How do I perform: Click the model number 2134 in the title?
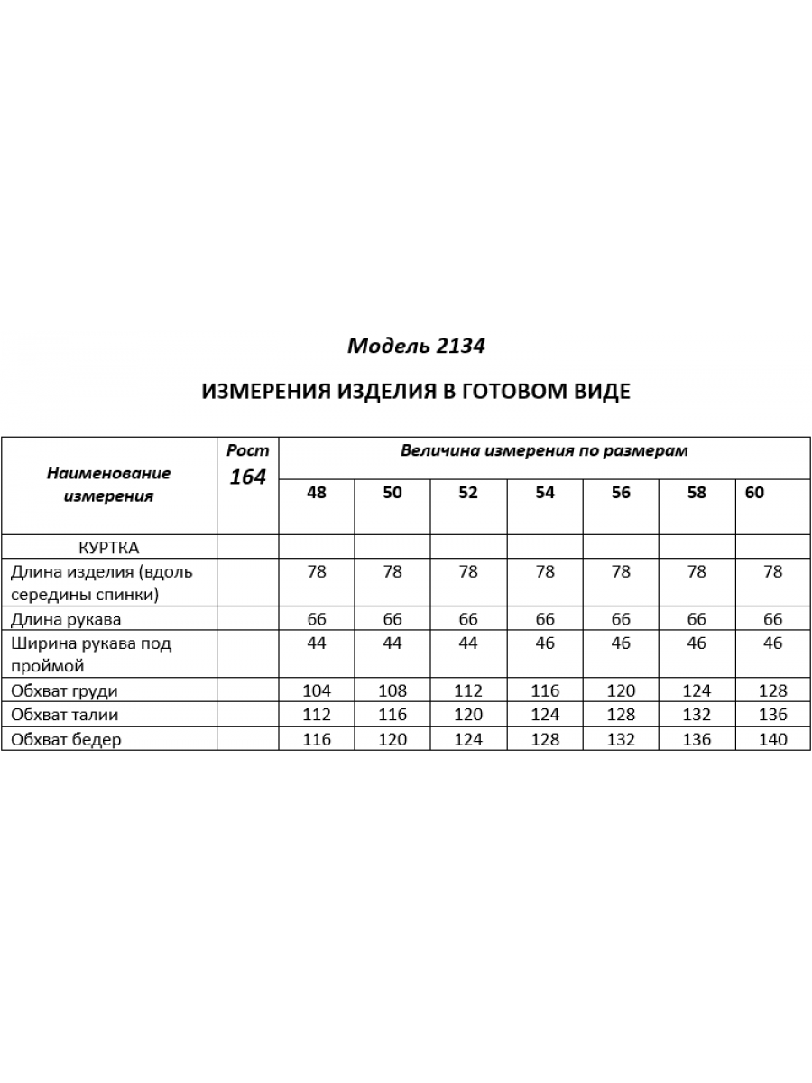(460, 346)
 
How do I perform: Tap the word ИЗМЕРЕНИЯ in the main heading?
(264, 392)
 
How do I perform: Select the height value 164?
(247, 477)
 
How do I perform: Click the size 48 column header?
(317, 493)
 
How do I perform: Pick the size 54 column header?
(545, 493)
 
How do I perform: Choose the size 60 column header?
(755, 493)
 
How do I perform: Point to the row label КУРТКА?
(109, 547)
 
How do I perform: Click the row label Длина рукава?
(65, 619)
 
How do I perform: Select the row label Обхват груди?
(64, 691)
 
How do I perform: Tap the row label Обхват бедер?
(65, 740)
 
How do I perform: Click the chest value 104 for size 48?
(317, 691)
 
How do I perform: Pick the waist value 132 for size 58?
(697, 716)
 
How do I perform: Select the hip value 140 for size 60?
(772, 740)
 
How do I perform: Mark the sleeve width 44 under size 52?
(468, 643)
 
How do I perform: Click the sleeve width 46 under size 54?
(545, 643)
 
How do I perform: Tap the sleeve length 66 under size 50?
(392, 619)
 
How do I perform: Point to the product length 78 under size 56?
(621, 571)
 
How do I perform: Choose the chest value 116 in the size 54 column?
(545, 691)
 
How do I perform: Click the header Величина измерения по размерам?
(544, 450)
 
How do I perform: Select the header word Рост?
(247, 450)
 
